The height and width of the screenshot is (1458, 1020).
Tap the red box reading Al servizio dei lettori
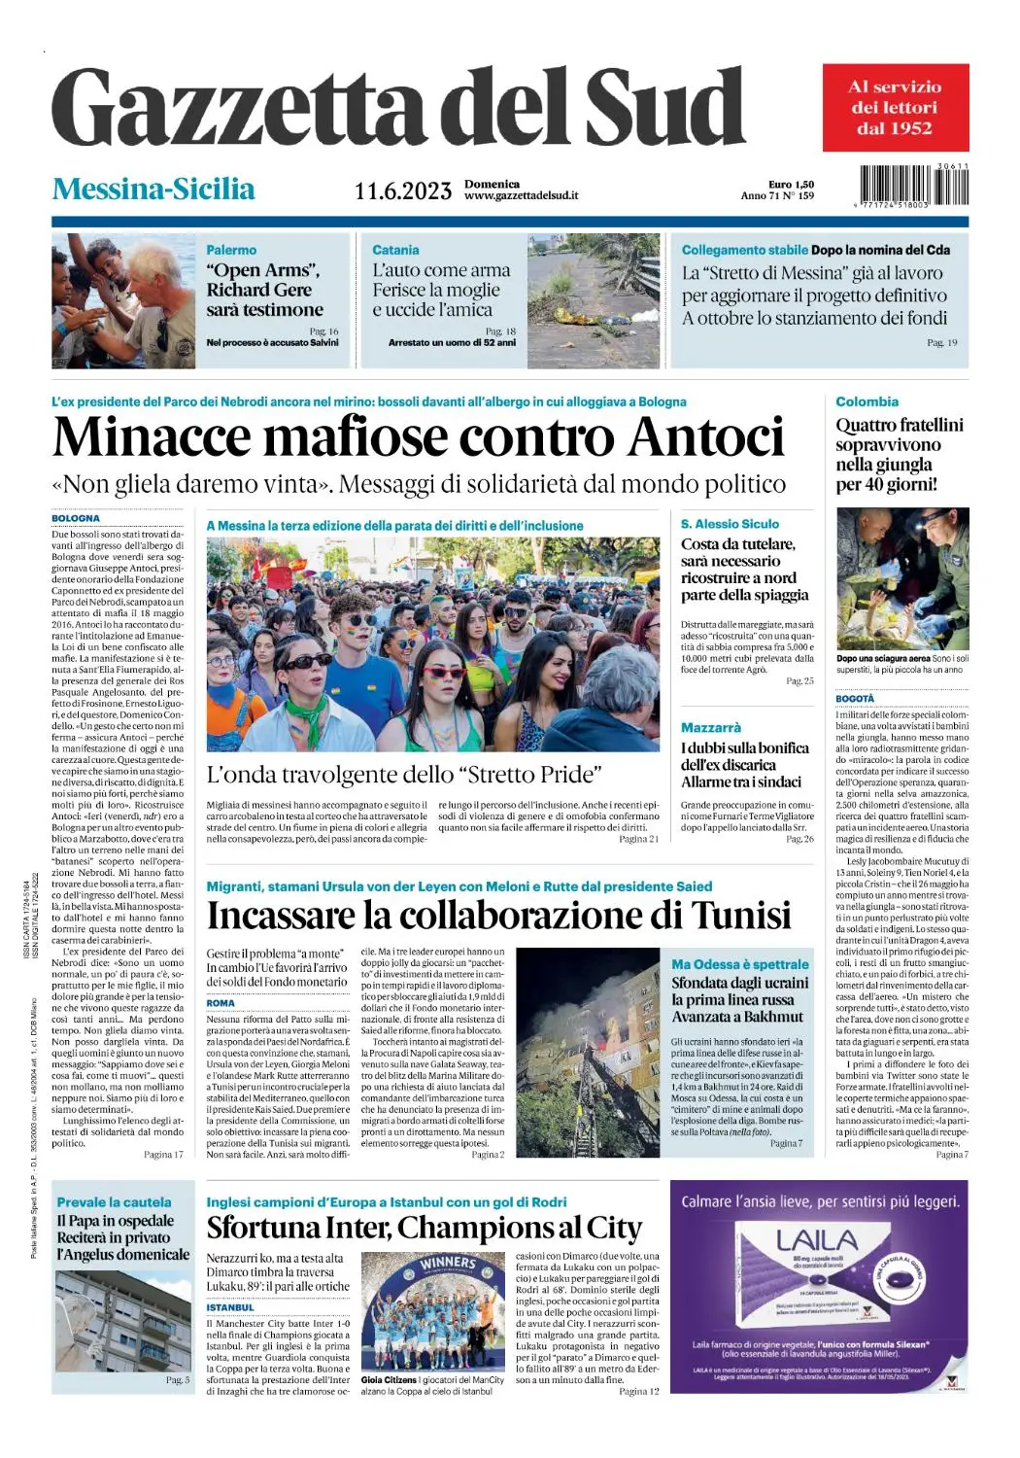click(x=895, y=108)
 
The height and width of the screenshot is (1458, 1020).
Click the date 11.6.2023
click(x=402, y=191)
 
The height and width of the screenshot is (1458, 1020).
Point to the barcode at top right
click(x=913, y=185)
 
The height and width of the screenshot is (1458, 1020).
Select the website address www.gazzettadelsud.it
click(x=521, y=195)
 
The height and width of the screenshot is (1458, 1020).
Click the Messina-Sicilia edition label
click(x=153, y=189)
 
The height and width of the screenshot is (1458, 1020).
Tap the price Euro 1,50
click(x=791, y=184)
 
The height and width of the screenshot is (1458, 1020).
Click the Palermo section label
click(x=231, y=250)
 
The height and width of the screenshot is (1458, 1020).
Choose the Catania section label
click(x=395, y=250)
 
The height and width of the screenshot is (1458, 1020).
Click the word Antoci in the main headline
click(x=705, y=436)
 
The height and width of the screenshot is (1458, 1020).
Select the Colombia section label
click(x=867, y=401)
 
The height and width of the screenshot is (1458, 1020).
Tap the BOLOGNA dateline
click(x=76, y=519)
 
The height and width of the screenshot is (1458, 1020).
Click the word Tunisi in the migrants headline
click(x=741, y=916)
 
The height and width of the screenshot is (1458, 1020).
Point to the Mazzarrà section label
click(x=710, y=727)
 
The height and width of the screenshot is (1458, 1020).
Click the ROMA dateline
click(x=221, y=1002)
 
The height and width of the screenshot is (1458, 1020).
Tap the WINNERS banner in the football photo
click(x=448, y=1264)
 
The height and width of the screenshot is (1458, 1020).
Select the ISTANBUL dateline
click(x=229, y=1307)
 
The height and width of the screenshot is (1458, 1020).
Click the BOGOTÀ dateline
click(x=855, y=699)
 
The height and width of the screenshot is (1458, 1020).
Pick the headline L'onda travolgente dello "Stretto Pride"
click(x=404, y=775)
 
